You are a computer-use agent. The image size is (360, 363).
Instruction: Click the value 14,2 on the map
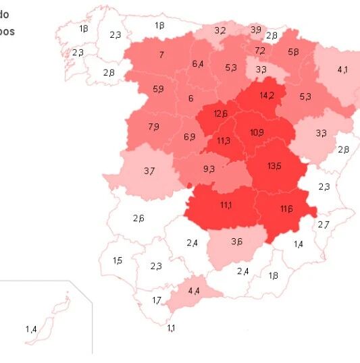267,96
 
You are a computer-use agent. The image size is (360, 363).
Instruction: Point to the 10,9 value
257,132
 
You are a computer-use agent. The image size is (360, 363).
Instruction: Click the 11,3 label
224,141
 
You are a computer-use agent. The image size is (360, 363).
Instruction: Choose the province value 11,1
226,205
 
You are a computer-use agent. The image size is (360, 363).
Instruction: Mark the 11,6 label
286,209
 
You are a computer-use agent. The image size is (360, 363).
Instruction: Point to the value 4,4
194,291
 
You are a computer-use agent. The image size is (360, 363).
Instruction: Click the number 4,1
342,69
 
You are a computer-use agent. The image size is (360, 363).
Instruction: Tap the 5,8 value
293,52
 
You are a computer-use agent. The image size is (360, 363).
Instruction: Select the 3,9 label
256,30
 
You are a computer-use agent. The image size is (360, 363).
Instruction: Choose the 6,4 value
198,64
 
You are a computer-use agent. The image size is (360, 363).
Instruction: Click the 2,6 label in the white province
138,218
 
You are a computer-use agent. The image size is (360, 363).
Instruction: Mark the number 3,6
237,242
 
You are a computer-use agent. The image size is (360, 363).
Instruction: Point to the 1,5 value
118,260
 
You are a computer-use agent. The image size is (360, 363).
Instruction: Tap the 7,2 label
260,51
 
